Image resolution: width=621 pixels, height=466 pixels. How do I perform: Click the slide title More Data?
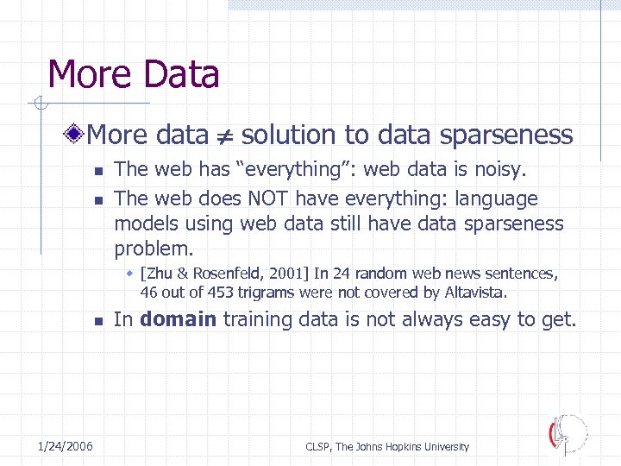[134, 74]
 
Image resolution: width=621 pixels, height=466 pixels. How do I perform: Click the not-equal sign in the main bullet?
[224, 136]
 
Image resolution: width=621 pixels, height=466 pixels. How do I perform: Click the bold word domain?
[179, 319]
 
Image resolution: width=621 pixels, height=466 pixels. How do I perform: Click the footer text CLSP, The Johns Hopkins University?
[387, 446]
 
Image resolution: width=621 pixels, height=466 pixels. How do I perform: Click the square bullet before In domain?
[98, 321]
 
